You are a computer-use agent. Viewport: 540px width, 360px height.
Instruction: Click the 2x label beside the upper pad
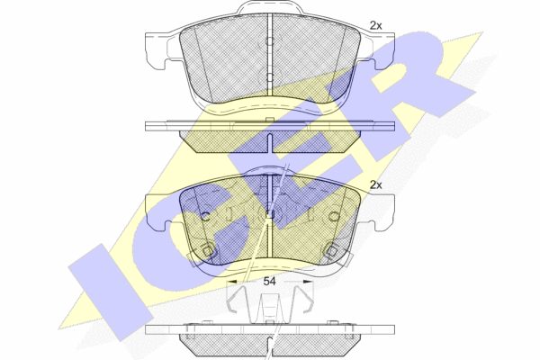tap(375, 25)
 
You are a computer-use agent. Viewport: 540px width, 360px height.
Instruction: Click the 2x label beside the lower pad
tap(375, 185)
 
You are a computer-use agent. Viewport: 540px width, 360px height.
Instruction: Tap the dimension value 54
tap(269, 282)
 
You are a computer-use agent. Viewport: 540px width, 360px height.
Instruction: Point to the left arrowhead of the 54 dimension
tap(232, 282)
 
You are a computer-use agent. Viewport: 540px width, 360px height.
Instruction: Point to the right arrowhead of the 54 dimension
tap(308, 282)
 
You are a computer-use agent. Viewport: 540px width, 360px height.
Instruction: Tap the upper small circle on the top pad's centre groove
tap(270, 41)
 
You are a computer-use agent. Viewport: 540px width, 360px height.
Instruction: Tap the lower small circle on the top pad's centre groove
tap(270, 76)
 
